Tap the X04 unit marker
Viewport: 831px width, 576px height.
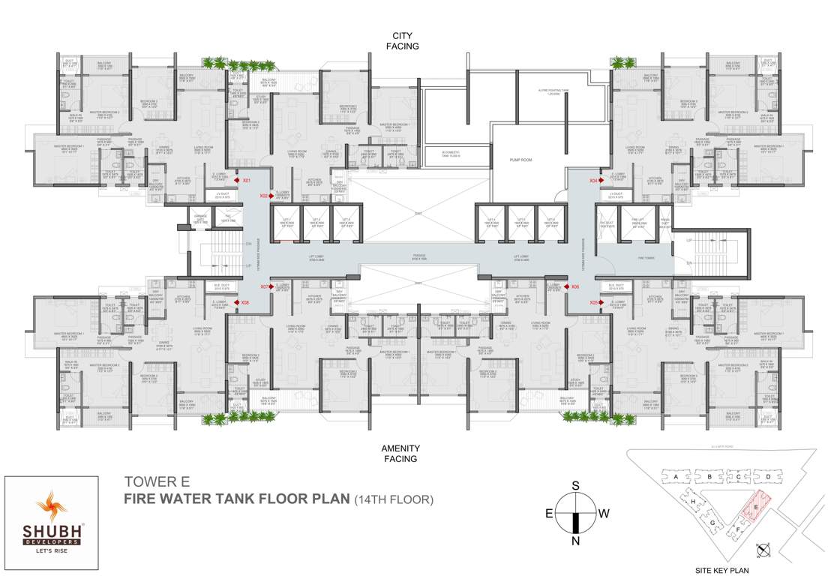[592, 181]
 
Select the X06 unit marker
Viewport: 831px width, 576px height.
[575, 286]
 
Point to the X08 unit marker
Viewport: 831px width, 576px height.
[244, 302]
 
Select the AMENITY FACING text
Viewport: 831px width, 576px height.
[402, 453]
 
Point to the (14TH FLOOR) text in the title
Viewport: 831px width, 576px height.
[394, 498]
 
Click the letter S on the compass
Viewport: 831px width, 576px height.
[576, 486]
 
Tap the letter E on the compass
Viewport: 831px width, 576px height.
[549, 514]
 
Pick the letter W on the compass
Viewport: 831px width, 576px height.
[604, 514]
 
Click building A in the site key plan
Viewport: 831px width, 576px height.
[676, 476]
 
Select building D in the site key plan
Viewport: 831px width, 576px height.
[767, 476]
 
